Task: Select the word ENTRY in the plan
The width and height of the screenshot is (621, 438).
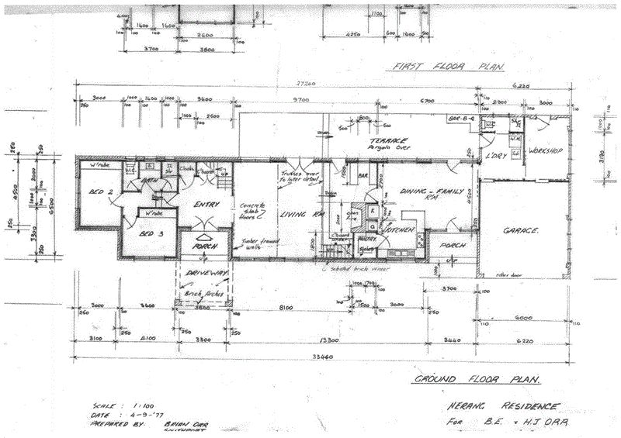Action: pyautogui.click(x=206, y=205)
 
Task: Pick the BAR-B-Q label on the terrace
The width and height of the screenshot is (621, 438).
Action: pyautogui.click(x=461, y=118)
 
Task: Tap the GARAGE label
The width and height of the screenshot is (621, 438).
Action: pyautogui.click(x=521, y=231)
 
